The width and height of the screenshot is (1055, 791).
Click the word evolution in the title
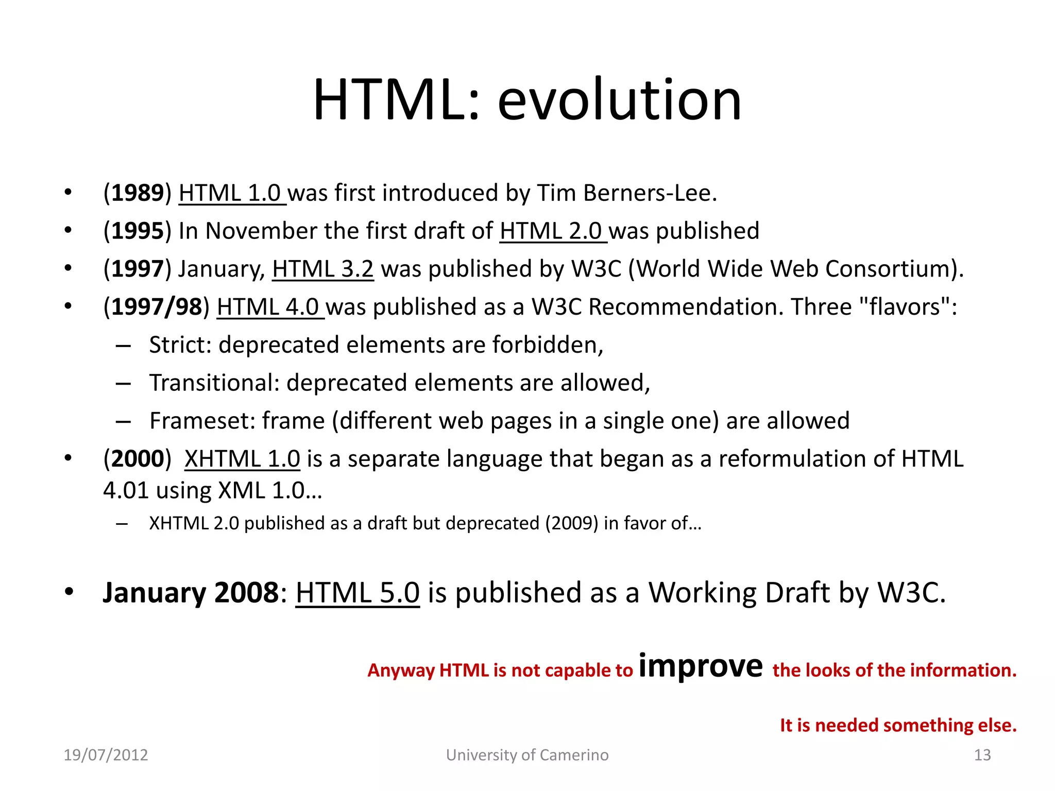tap(619, 100)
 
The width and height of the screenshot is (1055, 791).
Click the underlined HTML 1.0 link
tap(230, 193)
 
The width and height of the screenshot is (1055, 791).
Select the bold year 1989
tap(138, 193)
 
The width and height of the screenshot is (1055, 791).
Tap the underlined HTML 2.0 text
tap(551, 231)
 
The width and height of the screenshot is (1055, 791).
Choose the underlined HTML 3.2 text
tap(322, 269)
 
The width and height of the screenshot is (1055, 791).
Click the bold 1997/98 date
tap(157, 307)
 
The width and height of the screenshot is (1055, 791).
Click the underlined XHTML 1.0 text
tap(242, 459)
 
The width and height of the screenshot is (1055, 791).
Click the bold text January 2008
tap(191, 592)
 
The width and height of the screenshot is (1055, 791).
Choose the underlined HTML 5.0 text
tap(358, 592)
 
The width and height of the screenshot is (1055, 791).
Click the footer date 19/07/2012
tap(106, 755)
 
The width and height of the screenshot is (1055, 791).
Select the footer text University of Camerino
tap(527, 755)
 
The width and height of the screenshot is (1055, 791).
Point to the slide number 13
tap(982, 755)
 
